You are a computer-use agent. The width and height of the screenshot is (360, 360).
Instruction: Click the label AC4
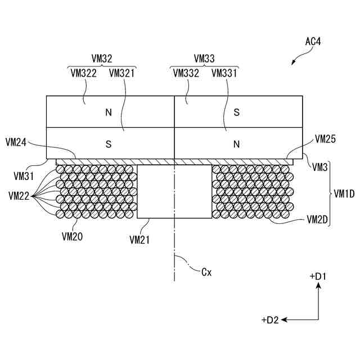(313, 41)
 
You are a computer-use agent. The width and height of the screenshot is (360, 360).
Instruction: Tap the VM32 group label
(102, 58)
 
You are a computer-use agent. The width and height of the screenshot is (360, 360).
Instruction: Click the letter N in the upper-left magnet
(109, 112)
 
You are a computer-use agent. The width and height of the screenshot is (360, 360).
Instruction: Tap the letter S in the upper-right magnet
(237, 112)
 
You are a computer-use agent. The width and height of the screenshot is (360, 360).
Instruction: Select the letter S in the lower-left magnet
(109, 144)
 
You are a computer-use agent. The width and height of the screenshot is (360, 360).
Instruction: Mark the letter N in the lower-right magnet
(237, 144)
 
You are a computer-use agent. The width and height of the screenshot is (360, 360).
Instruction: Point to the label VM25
(326, 138)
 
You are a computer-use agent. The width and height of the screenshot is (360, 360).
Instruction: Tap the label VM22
(19, 196)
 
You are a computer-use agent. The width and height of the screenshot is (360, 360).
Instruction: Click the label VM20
(73, 237)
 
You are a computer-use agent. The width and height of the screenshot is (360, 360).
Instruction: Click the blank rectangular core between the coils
(174, 191)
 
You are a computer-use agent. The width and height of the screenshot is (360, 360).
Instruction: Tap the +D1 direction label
(318, 277)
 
